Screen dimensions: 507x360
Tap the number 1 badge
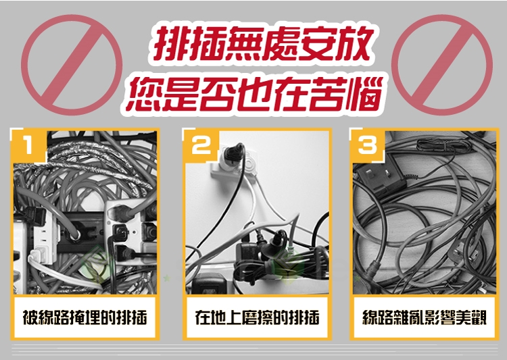28,145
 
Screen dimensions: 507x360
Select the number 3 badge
367,145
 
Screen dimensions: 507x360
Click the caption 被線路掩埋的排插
85,317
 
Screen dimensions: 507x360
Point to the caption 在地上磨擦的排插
257,317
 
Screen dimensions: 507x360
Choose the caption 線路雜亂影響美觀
425,317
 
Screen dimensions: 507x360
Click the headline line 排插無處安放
262,45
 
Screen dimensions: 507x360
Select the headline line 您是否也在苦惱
254,95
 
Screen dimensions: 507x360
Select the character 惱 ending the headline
364,95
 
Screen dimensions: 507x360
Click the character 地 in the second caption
218,317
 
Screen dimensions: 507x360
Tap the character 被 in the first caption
30,317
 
